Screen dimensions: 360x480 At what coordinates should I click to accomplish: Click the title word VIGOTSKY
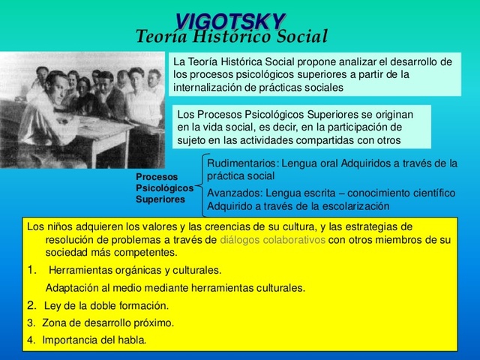(230, 21)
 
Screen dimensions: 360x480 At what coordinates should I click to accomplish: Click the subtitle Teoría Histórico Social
(232, 37)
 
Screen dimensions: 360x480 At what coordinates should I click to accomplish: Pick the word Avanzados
(233, 193)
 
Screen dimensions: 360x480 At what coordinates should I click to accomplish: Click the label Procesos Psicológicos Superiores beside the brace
(163, 188)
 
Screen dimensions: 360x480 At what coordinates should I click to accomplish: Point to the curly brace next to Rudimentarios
(200, 184)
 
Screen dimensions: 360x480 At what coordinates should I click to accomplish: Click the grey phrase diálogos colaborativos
(273, 240)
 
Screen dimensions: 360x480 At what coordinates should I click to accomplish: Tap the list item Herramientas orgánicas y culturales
(135, 271)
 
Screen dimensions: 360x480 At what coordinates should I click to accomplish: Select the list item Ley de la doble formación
(106, 306)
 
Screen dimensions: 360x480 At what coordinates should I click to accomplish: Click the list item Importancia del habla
(94, 340)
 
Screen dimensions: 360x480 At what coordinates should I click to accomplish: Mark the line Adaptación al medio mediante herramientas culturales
(175, 288)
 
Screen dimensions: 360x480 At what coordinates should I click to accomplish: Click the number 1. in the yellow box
(32, 270)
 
